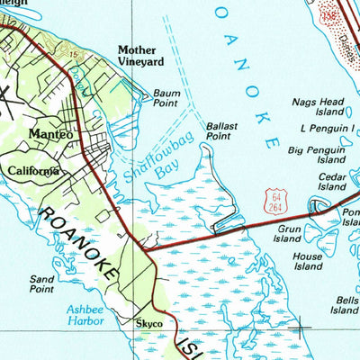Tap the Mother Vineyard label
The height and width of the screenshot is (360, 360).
[140, 56]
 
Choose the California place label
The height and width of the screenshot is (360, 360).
[34, 170]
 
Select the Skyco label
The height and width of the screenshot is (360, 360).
[148, 323]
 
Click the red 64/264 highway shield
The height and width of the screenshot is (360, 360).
[275, 202]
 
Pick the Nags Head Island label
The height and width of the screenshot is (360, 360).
[318, 108]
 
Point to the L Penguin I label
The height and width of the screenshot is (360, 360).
[322, 130]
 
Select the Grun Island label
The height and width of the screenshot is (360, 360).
[287, 235]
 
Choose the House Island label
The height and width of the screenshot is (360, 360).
[308, 261]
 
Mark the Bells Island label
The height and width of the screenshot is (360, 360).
[344, 304]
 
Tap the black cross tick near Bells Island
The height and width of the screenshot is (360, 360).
[300, 328]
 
